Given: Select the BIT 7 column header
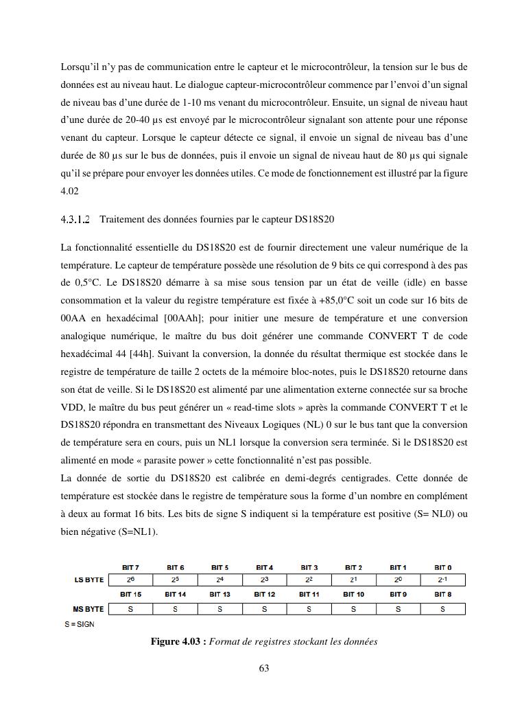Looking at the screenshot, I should click(x=130, y=568).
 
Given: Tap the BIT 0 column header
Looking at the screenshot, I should click(x=443, y=568).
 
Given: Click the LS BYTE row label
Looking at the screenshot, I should click(x=88, y=580).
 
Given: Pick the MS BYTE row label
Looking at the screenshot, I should click(x=88, y=609).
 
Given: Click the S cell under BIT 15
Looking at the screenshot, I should click(x=130, y=609).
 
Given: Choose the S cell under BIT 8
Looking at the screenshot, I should click(x=443, y=609).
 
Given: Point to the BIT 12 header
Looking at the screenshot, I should click(x=265, y=594).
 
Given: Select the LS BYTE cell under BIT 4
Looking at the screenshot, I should click(x=265, y=580).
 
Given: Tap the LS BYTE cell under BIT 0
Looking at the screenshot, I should click(x=443, y=580).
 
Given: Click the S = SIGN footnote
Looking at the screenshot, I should click(x=80, y=624).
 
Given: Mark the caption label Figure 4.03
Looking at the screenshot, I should click(x=178, y=642).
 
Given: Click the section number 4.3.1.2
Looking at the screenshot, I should click(x=75, y=220).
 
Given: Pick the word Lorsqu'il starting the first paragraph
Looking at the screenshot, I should click(x=80, y=67).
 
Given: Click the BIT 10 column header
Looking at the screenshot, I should click(x=354, y=594).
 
